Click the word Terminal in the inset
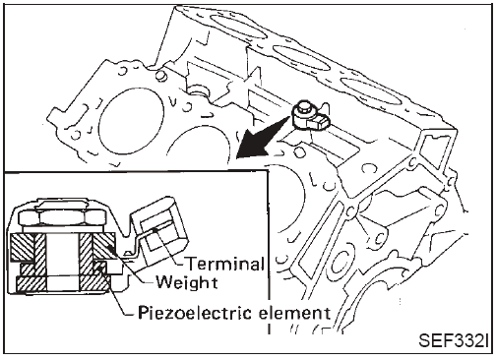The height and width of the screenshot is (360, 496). pos(225,264)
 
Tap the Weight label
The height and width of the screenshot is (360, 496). pos(187,282)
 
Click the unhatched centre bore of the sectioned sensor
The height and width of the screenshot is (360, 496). pos(63,263)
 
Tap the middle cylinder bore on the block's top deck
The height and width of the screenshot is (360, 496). pos(301,57)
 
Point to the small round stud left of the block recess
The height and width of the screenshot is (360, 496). pos(160,76)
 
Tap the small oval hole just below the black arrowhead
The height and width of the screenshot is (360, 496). pos(299,151)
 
